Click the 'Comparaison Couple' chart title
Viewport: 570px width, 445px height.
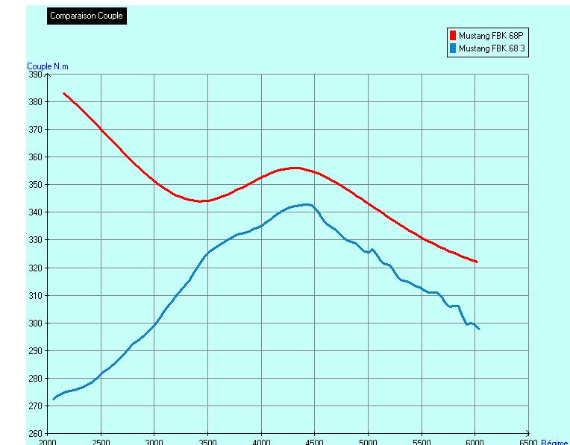point(87,16)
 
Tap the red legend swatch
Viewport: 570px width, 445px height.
point(452,36)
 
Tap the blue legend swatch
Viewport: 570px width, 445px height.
point(452,48)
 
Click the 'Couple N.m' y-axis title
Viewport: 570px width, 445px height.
point(47,66)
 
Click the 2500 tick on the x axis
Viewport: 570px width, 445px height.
point(101,441)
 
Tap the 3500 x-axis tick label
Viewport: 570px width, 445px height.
point(208,441)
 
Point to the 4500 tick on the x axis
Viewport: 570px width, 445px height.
point(315,441)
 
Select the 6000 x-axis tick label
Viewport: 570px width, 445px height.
point(475,441)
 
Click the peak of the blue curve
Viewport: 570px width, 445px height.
point(306,204)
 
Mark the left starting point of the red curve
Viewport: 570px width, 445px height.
point(63,93)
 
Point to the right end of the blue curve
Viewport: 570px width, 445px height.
point(479,329)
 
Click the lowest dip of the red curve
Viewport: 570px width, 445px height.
point(203,201)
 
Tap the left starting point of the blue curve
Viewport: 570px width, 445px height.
point(53,399)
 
